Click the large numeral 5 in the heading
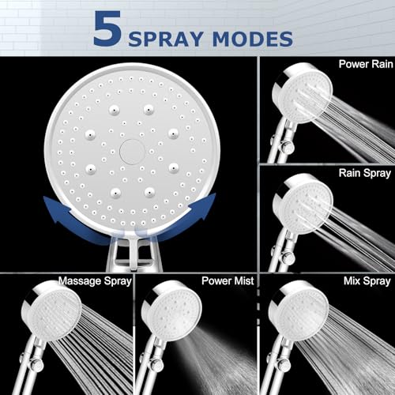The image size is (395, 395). [107, 28]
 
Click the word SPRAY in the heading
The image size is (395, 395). [166, 39]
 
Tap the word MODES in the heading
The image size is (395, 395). [253, 39]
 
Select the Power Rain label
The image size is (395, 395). [366, 64]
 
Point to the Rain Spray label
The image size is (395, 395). [365, 174]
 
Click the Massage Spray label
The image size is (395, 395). [95, 281]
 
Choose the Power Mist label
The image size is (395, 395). [228, 280]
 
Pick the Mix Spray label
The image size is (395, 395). [367, 281]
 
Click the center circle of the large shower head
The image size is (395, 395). [132, 152]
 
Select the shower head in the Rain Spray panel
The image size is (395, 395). [303, 204]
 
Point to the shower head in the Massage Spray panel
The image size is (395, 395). [51, 310]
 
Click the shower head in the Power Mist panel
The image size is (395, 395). [171, 310]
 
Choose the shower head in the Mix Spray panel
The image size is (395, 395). [299, 310]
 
